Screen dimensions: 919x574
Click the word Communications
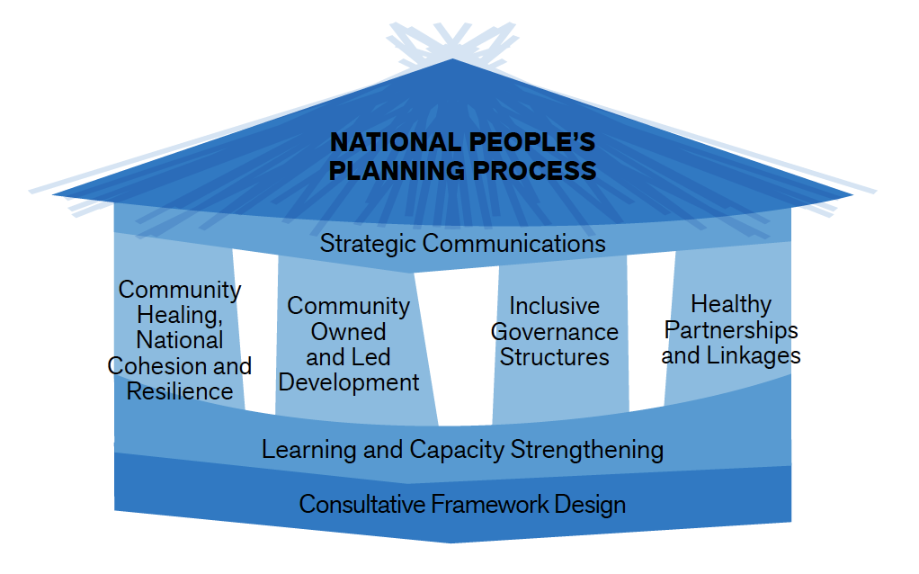coord(514,244)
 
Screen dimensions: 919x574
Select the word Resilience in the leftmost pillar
coord(180,391)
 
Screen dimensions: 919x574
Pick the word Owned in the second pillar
coord(348,332)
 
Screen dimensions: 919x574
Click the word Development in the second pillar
coord(349,383)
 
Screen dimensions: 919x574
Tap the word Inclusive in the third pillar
coord(555,306)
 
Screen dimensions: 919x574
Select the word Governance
coord(555,332)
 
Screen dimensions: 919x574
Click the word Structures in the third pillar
coord(555,357)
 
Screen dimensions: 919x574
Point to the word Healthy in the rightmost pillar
coord(731,305)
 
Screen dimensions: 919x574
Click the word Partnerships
coord(731,331)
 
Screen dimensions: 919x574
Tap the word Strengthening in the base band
coord(586,450)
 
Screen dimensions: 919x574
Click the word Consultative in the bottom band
coord(362,504)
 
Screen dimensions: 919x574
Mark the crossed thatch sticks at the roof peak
coord(452,43)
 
